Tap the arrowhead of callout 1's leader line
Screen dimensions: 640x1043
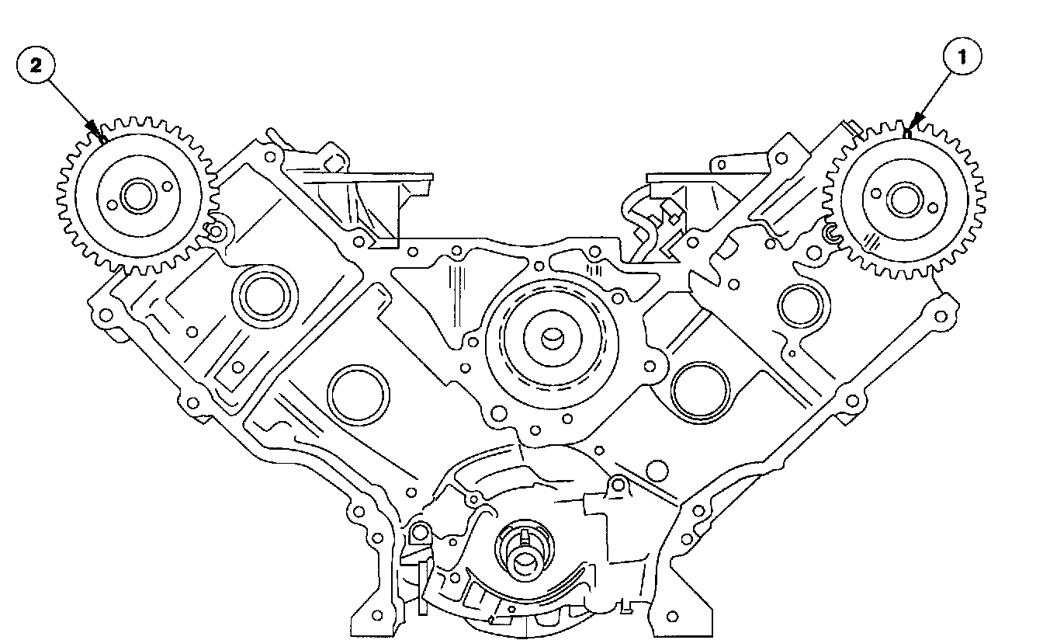coord(917,121)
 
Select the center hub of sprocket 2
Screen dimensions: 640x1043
coord(137,197)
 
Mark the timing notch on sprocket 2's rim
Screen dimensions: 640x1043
coord(102,138)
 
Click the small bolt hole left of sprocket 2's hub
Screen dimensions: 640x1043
coord(113,206)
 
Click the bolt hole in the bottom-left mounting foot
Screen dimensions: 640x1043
coord(377,615)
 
